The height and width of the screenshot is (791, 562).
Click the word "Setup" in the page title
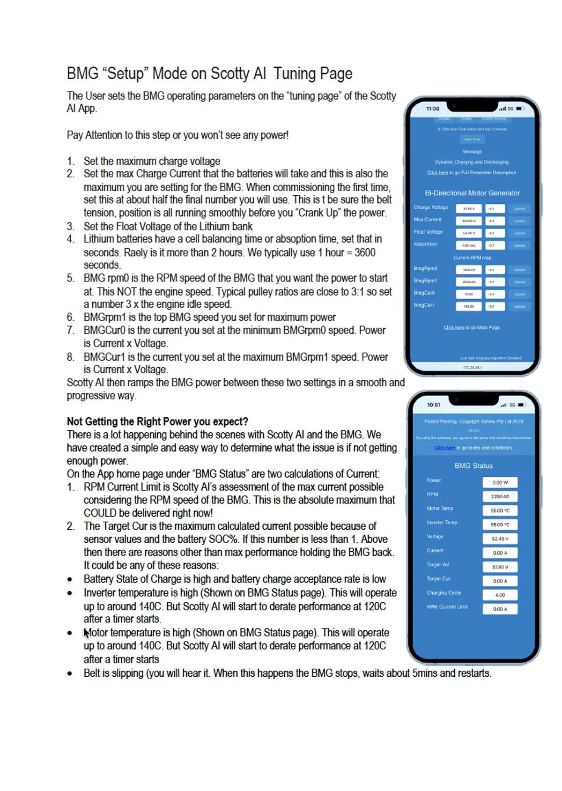[126, 74]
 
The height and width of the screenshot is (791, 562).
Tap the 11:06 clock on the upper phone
[433, 109]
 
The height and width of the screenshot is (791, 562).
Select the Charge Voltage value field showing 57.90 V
[468, 209]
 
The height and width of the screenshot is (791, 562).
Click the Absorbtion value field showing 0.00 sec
[468, 245]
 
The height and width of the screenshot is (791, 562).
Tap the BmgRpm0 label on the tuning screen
[425, 268]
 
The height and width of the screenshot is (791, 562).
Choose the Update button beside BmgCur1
[519, 307]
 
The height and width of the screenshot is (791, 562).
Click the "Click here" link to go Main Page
[454, 327]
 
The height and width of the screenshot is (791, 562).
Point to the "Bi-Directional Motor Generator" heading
[472, 193]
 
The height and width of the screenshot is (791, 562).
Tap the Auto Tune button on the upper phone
[472, 139]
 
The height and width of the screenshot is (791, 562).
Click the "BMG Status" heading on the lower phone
[473, 466]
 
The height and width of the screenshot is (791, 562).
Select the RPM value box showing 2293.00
[500, 496]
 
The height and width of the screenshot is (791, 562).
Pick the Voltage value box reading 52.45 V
[500, 539]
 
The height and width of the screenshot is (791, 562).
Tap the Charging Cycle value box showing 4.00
[500, 595]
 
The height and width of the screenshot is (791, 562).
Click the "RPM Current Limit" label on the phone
[447, 607]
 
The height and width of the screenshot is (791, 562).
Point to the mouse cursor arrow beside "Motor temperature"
[86, 633]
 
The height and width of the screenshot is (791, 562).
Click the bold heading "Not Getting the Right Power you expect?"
[157, 421]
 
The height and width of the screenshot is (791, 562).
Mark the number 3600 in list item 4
[365, 252]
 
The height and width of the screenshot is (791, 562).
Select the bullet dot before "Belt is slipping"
[70, 674]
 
